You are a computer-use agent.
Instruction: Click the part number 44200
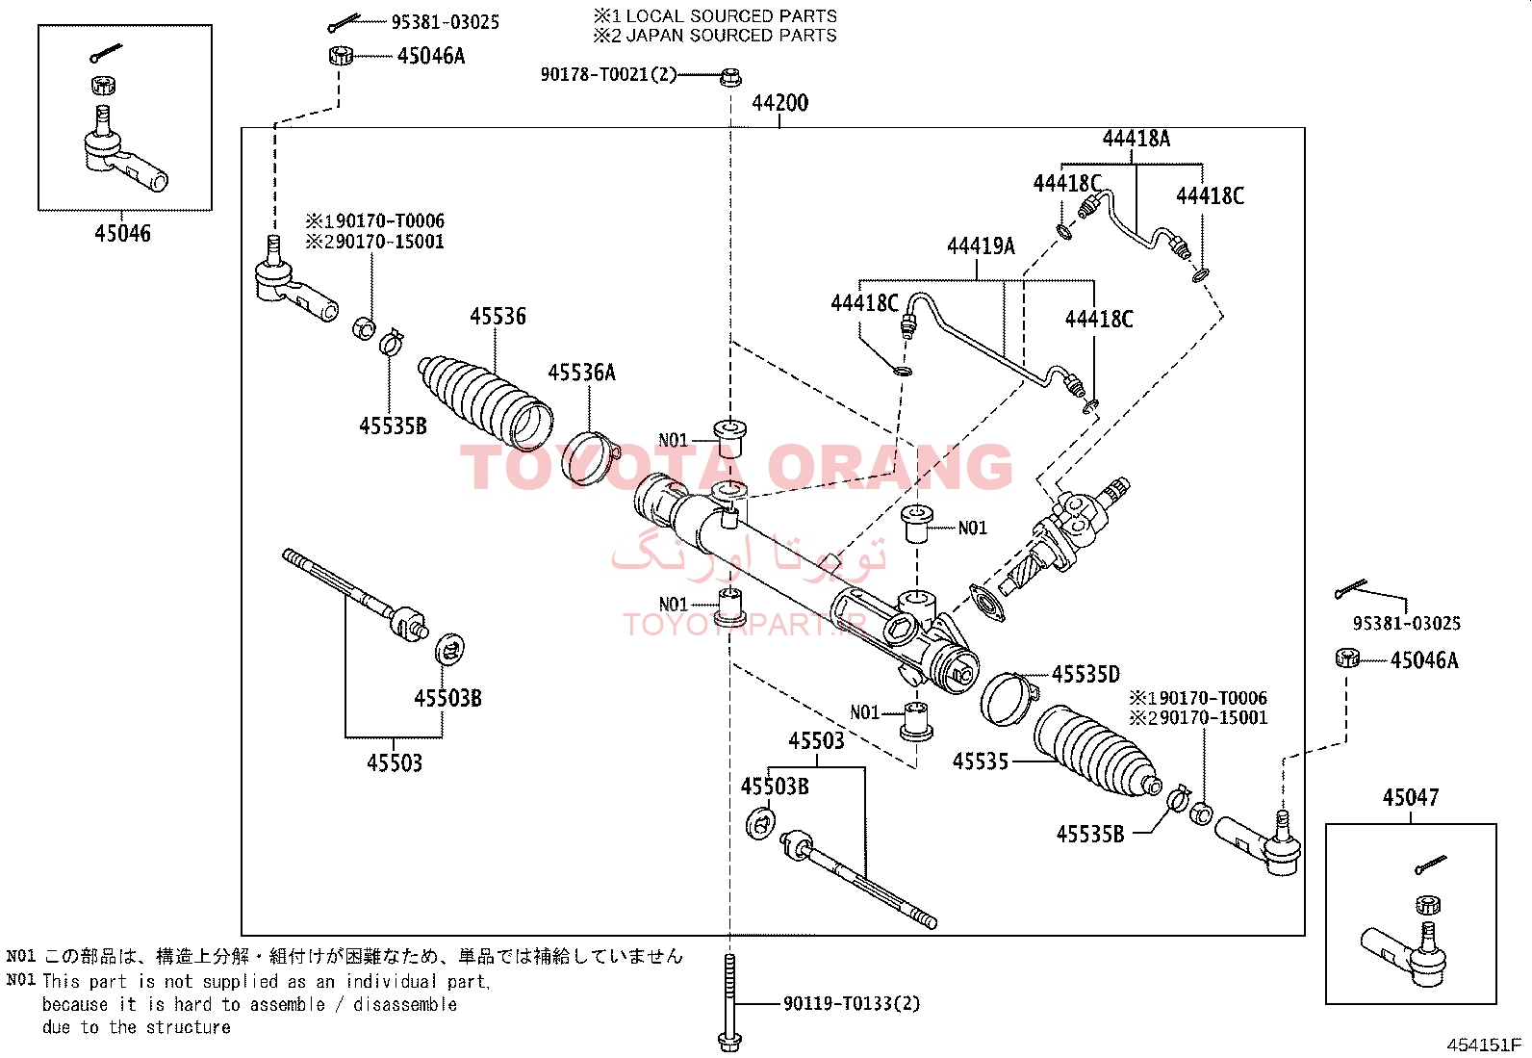[779, 103]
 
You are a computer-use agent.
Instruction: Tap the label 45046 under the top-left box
[122, 233]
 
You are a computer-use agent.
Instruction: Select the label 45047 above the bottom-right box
[1410, 797]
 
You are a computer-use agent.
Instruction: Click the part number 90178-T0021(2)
[608, 74]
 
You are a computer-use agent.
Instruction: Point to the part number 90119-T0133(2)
[852, 1003]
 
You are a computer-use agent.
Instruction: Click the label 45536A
[581, 373]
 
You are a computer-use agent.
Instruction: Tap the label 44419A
[981, 246]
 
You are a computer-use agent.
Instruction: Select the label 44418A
[1136, 139]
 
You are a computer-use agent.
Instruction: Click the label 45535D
[1086, 674]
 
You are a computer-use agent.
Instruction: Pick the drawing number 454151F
[1484, 1045]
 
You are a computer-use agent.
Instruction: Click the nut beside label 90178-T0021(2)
[730, 77]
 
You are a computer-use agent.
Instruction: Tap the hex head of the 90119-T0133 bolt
[729, 1042]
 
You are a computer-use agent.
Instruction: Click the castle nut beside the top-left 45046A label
[341, 56]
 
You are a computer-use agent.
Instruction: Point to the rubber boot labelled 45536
[486, 401]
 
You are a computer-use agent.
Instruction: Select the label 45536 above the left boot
[498, 316]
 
